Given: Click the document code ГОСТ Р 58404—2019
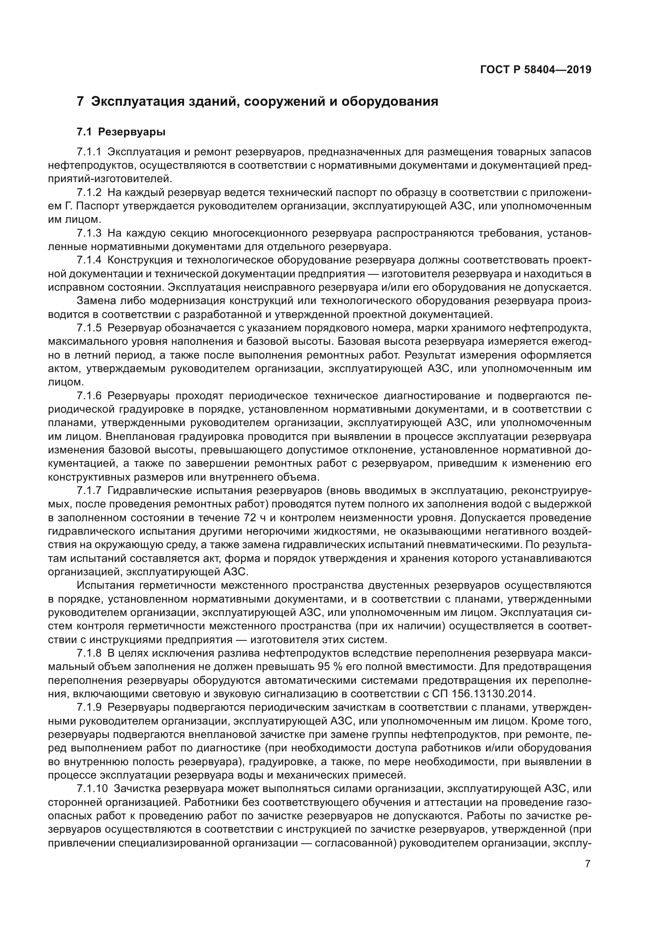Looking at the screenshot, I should tap(535, 70).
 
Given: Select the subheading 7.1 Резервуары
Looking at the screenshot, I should tap(121, 132).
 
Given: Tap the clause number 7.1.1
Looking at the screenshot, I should tap(89, 152).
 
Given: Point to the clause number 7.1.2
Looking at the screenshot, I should tap(89, 193).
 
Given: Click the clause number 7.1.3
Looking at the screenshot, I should tap(89, 233).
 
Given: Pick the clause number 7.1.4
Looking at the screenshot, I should tap(89, 261).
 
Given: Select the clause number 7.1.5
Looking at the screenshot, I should tap(89, 328).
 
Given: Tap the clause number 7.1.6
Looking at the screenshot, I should tap(89, 396).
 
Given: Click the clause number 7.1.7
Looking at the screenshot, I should tap(89, 491).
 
